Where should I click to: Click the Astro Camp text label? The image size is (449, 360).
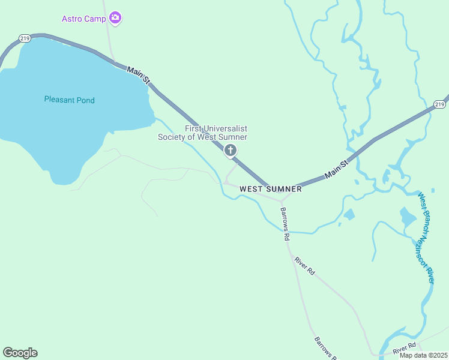pos(83,19)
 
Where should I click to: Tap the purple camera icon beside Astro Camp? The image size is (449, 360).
pos(116,19)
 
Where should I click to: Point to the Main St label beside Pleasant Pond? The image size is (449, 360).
pos(139,71)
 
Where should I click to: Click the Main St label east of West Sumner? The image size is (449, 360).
pos(336,169)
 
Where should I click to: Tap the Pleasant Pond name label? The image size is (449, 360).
pos(70,100)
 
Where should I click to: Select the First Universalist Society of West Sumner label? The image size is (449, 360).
pos(202,133)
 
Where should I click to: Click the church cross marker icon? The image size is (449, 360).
pos(230,151)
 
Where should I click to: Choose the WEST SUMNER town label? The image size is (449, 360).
pos(270,189)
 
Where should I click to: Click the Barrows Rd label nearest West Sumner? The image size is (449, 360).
pos(284,224)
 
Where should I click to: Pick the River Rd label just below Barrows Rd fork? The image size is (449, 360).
pos(304,266)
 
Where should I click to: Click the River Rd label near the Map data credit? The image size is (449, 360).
pos(405,348)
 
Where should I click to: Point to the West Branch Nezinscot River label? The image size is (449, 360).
pos(427,238)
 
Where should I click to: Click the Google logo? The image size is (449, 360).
pos(20,353)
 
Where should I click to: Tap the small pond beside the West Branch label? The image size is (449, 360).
pos(408,217)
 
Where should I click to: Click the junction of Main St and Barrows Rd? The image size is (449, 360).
pos(282,200)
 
